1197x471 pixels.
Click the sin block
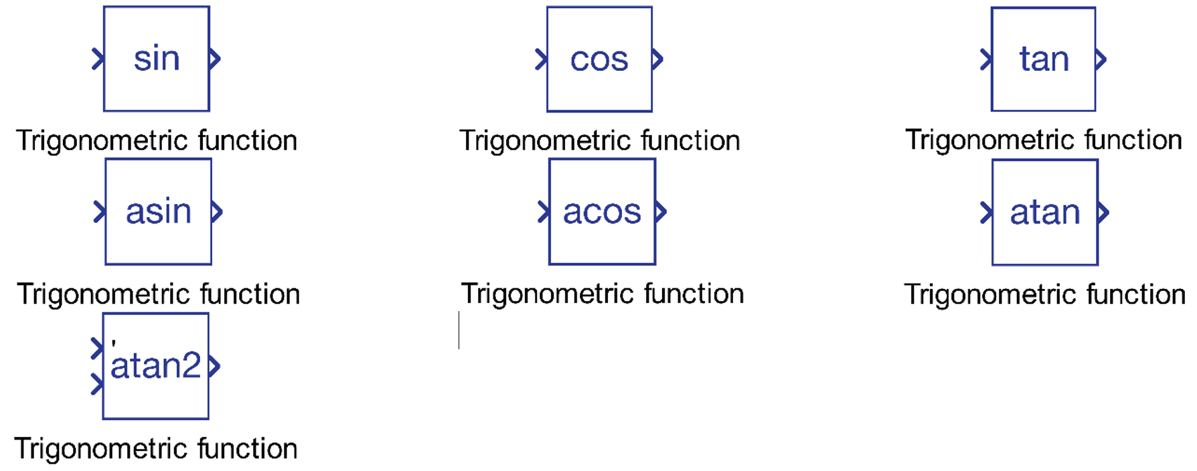(x=157, y=59)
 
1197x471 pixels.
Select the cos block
(x=599, y=59)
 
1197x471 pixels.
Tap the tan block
(x=1043, y=59)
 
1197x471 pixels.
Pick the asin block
(x=159, y=211)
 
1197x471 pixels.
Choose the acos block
(x=602, y=211)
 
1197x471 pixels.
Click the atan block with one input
(x=1045, y=212)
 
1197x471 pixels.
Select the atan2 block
(x=155, y=366)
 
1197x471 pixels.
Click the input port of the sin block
(x=98, y=60)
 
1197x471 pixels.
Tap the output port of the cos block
(x=657, y=60)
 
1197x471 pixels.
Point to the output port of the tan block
(x=1101, y=60)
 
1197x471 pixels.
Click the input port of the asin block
(x=100, y=212)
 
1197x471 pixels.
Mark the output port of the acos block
(x=661, y=212)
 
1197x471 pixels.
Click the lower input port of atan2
(x=97, y=385)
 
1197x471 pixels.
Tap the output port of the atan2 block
(x=214, y=366)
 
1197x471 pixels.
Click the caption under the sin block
(x=157, y=141)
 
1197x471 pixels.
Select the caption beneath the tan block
(x=1044, y=140)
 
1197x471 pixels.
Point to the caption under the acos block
(x=603, y=294)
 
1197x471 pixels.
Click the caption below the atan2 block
(x=156, y=449)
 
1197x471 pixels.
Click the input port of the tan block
(x=985, y=60)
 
